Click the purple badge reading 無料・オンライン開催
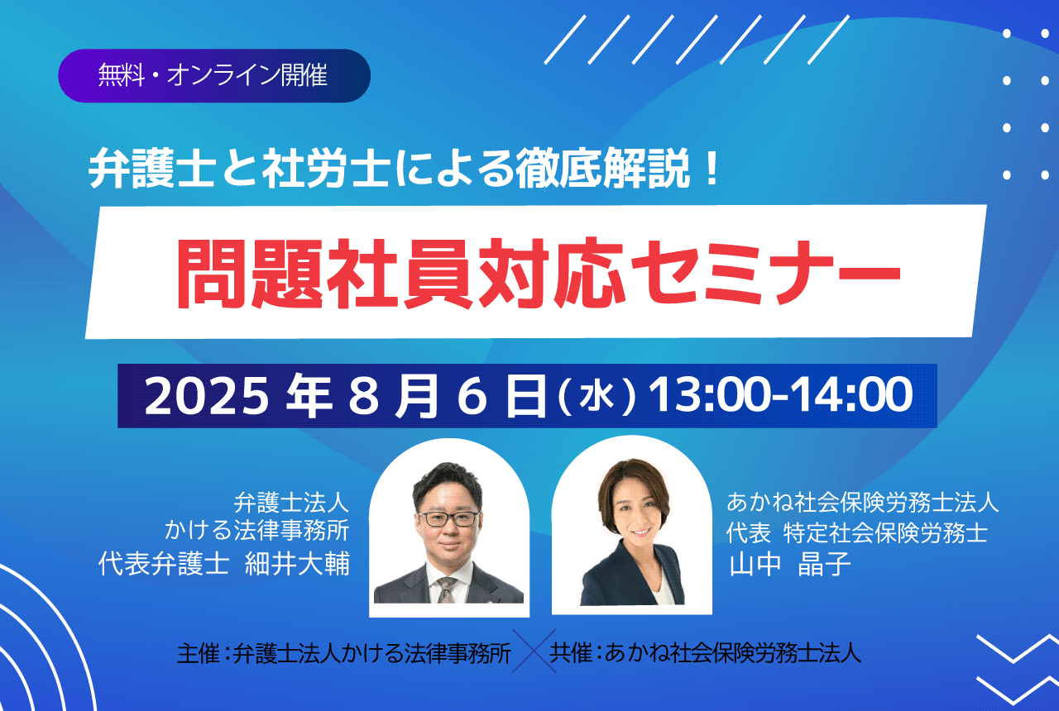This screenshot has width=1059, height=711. click(x=214, y=75)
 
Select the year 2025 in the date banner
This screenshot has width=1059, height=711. click(x=207, y=396)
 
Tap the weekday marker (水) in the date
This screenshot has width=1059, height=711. click(x=597, y=395)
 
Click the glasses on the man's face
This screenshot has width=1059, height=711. click(x=448, y=518)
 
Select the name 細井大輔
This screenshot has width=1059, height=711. click(x=297, y=563)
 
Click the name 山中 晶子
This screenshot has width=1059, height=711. click(x=790, y=564)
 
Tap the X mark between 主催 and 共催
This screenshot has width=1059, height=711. click(x=534, y=651)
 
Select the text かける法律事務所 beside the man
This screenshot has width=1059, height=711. click(x=256, y=530)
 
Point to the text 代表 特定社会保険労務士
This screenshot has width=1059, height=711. click(x=857, y=532)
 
